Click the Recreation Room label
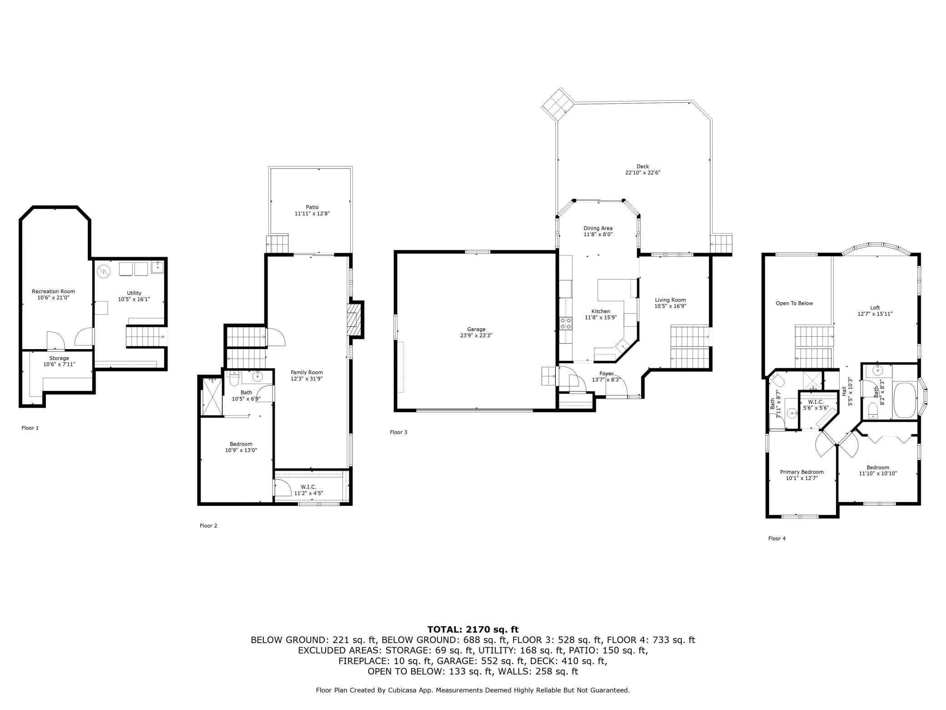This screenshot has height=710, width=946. point(53,291)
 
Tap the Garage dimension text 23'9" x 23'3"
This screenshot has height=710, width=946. point(476,335)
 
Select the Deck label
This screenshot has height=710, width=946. point(643,167)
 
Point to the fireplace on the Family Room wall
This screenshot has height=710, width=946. point(354,319)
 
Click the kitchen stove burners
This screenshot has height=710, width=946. point(566,324)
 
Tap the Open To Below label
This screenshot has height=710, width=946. point(794,304)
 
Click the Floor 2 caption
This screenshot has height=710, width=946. point(208,526)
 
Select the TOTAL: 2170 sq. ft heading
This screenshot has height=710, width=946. point(473,630)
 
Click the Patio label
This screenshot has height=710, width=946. point(312,208)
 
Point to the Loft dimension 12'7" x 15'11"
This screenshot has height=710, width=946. point(875,314)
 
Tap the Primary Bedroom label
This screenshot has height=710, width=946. point(802,472)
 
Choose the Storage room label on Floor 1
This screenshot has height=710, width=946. point(59,358)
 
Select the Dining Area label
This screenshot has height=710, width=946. point(598,228)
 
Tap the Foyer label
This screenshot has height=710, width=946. point(606,374)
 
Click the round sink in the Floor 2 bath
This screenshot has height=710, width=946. point(258,376)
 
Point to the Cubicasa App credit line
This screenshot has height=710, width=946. point(473,690)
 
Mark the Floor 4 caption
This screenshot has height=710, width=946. point(777,538)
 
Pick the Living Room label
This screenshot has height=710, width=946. point(670,300)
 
